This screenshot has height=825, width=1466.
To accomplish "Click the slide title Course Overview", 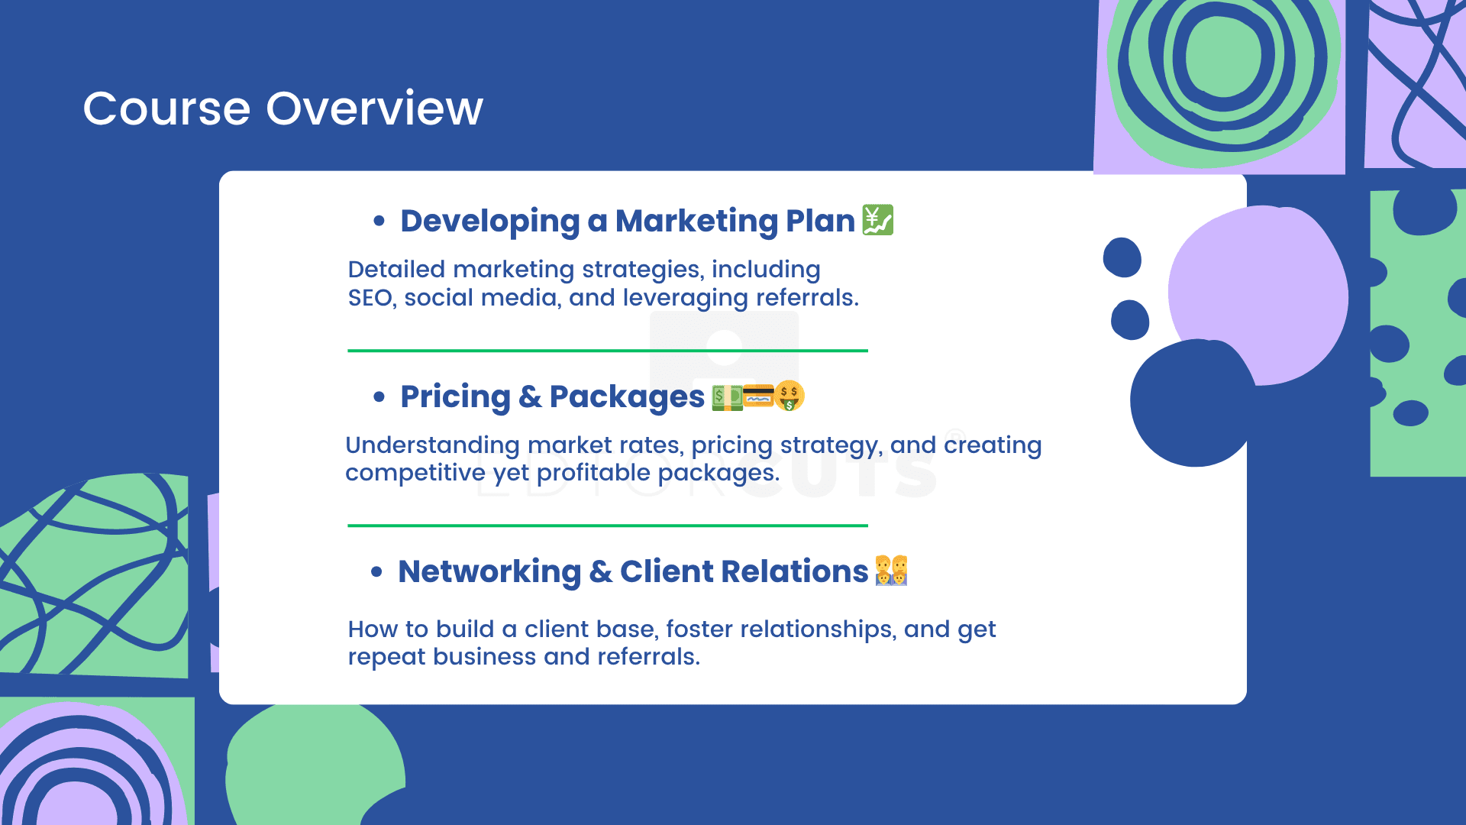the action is pos(283,108).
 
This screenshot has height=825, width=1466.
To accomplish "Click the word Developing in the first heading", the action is pos(490,222).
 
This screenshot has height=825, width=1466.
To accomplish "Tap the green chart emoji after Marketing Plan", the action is pos(878,220).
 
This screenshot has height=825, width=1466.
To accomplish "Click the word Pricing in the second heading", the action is pos(455,397).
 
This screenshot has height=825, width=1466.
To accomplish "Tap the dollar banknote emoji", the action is pos(726,397).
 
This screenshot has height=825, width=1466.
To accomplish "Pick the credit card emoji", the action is pos(758,396).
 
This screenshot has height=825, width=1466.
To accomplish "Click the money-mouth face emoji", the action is pos(790,396).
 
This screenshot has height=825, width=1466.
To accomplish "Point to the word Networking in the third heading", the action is pos(489,572).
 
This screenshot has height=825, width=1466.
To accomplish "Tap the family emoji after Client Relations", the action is pos(891,571).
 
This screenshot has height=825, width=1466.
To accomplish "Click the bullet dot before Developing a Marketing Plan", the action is pos(379,222).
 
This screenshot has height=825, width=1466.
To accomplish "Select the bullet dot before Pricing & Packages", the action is pos(379,396).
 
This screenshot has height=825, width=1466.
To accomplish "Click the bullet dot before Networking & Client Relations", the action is pos(376,571).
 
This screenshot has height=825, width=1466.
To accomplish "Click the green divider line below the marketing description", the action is pos(608,351).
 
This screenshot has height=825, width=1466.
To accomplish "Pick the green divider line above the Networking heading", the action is pos(608,526).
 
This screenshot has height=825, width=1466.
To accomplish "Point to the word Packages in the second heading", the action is pos(627,397).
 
